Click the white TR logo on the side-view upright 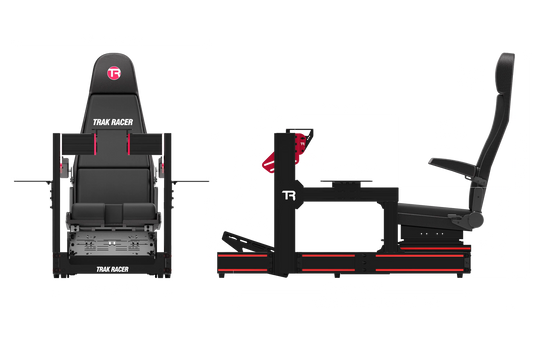289,195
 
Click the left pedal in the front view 99,213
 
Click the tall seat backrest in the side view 492,130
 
